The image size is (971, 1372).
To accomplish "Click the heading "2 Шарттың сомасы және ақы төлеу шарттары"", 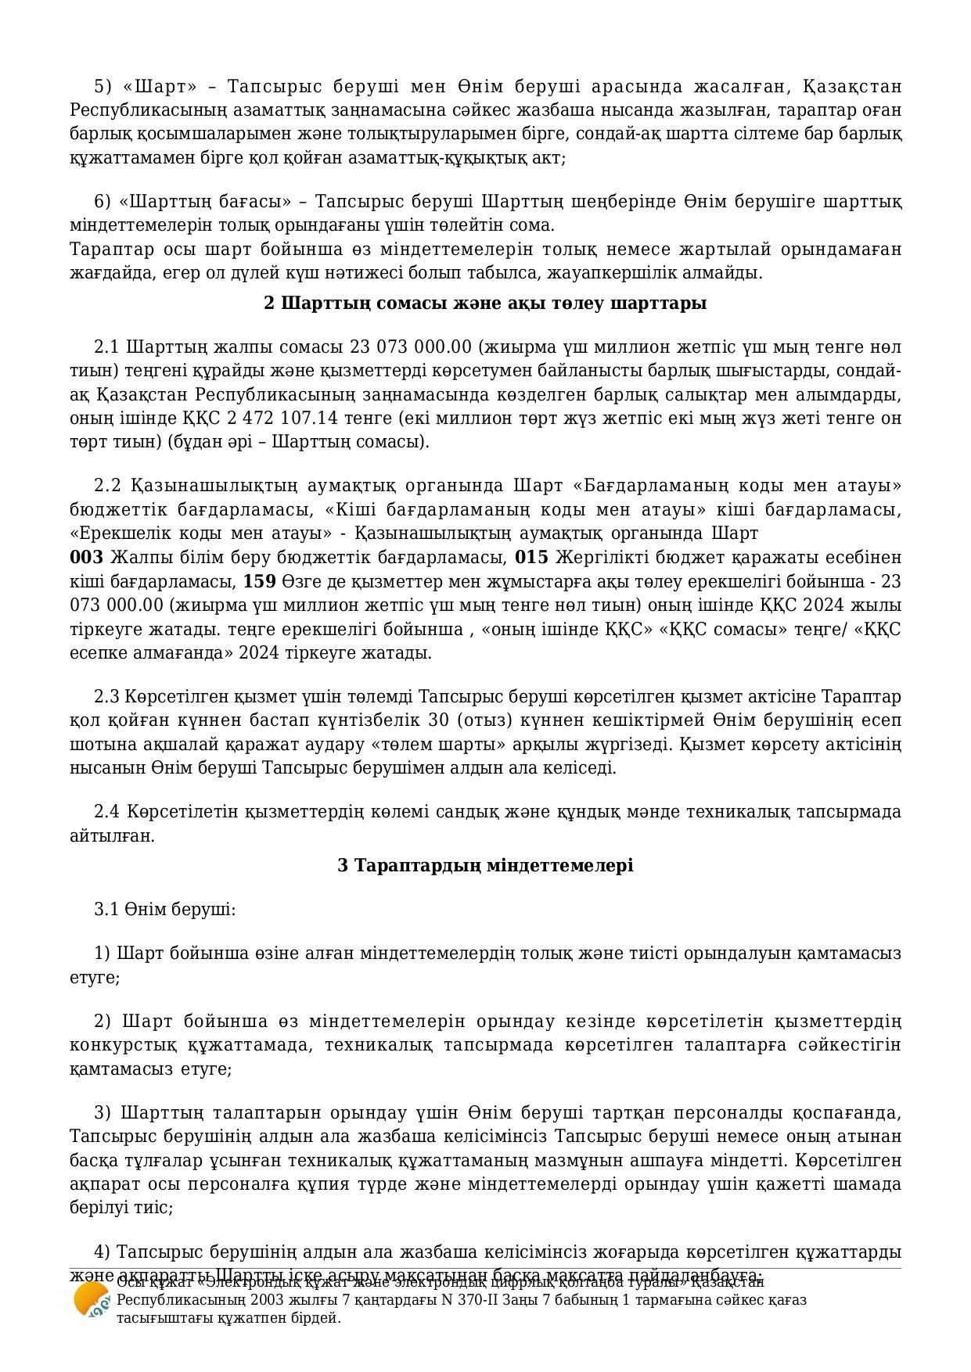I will (485, 303).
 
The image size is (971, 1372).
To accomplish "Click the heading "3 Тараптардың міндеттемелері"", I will (485, 865).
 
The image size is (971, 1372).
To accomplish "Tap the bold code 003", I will (86, 557).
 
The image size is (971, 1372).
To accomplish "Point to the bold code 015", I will (531, 557).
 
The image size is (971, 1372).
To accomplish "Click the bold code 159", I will (259, 581).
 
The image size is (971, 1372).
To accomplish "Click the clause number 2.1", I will (106, 347).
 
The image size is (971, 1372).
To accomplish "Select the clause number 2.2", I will (106, 486).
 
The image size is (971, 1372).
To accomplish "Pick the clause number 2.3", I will (106, 696).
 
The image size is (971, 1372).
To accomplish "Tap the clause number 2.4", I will (106, 811).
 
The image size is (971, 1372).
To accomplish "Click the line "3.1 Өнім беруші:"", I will (165, 909).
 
